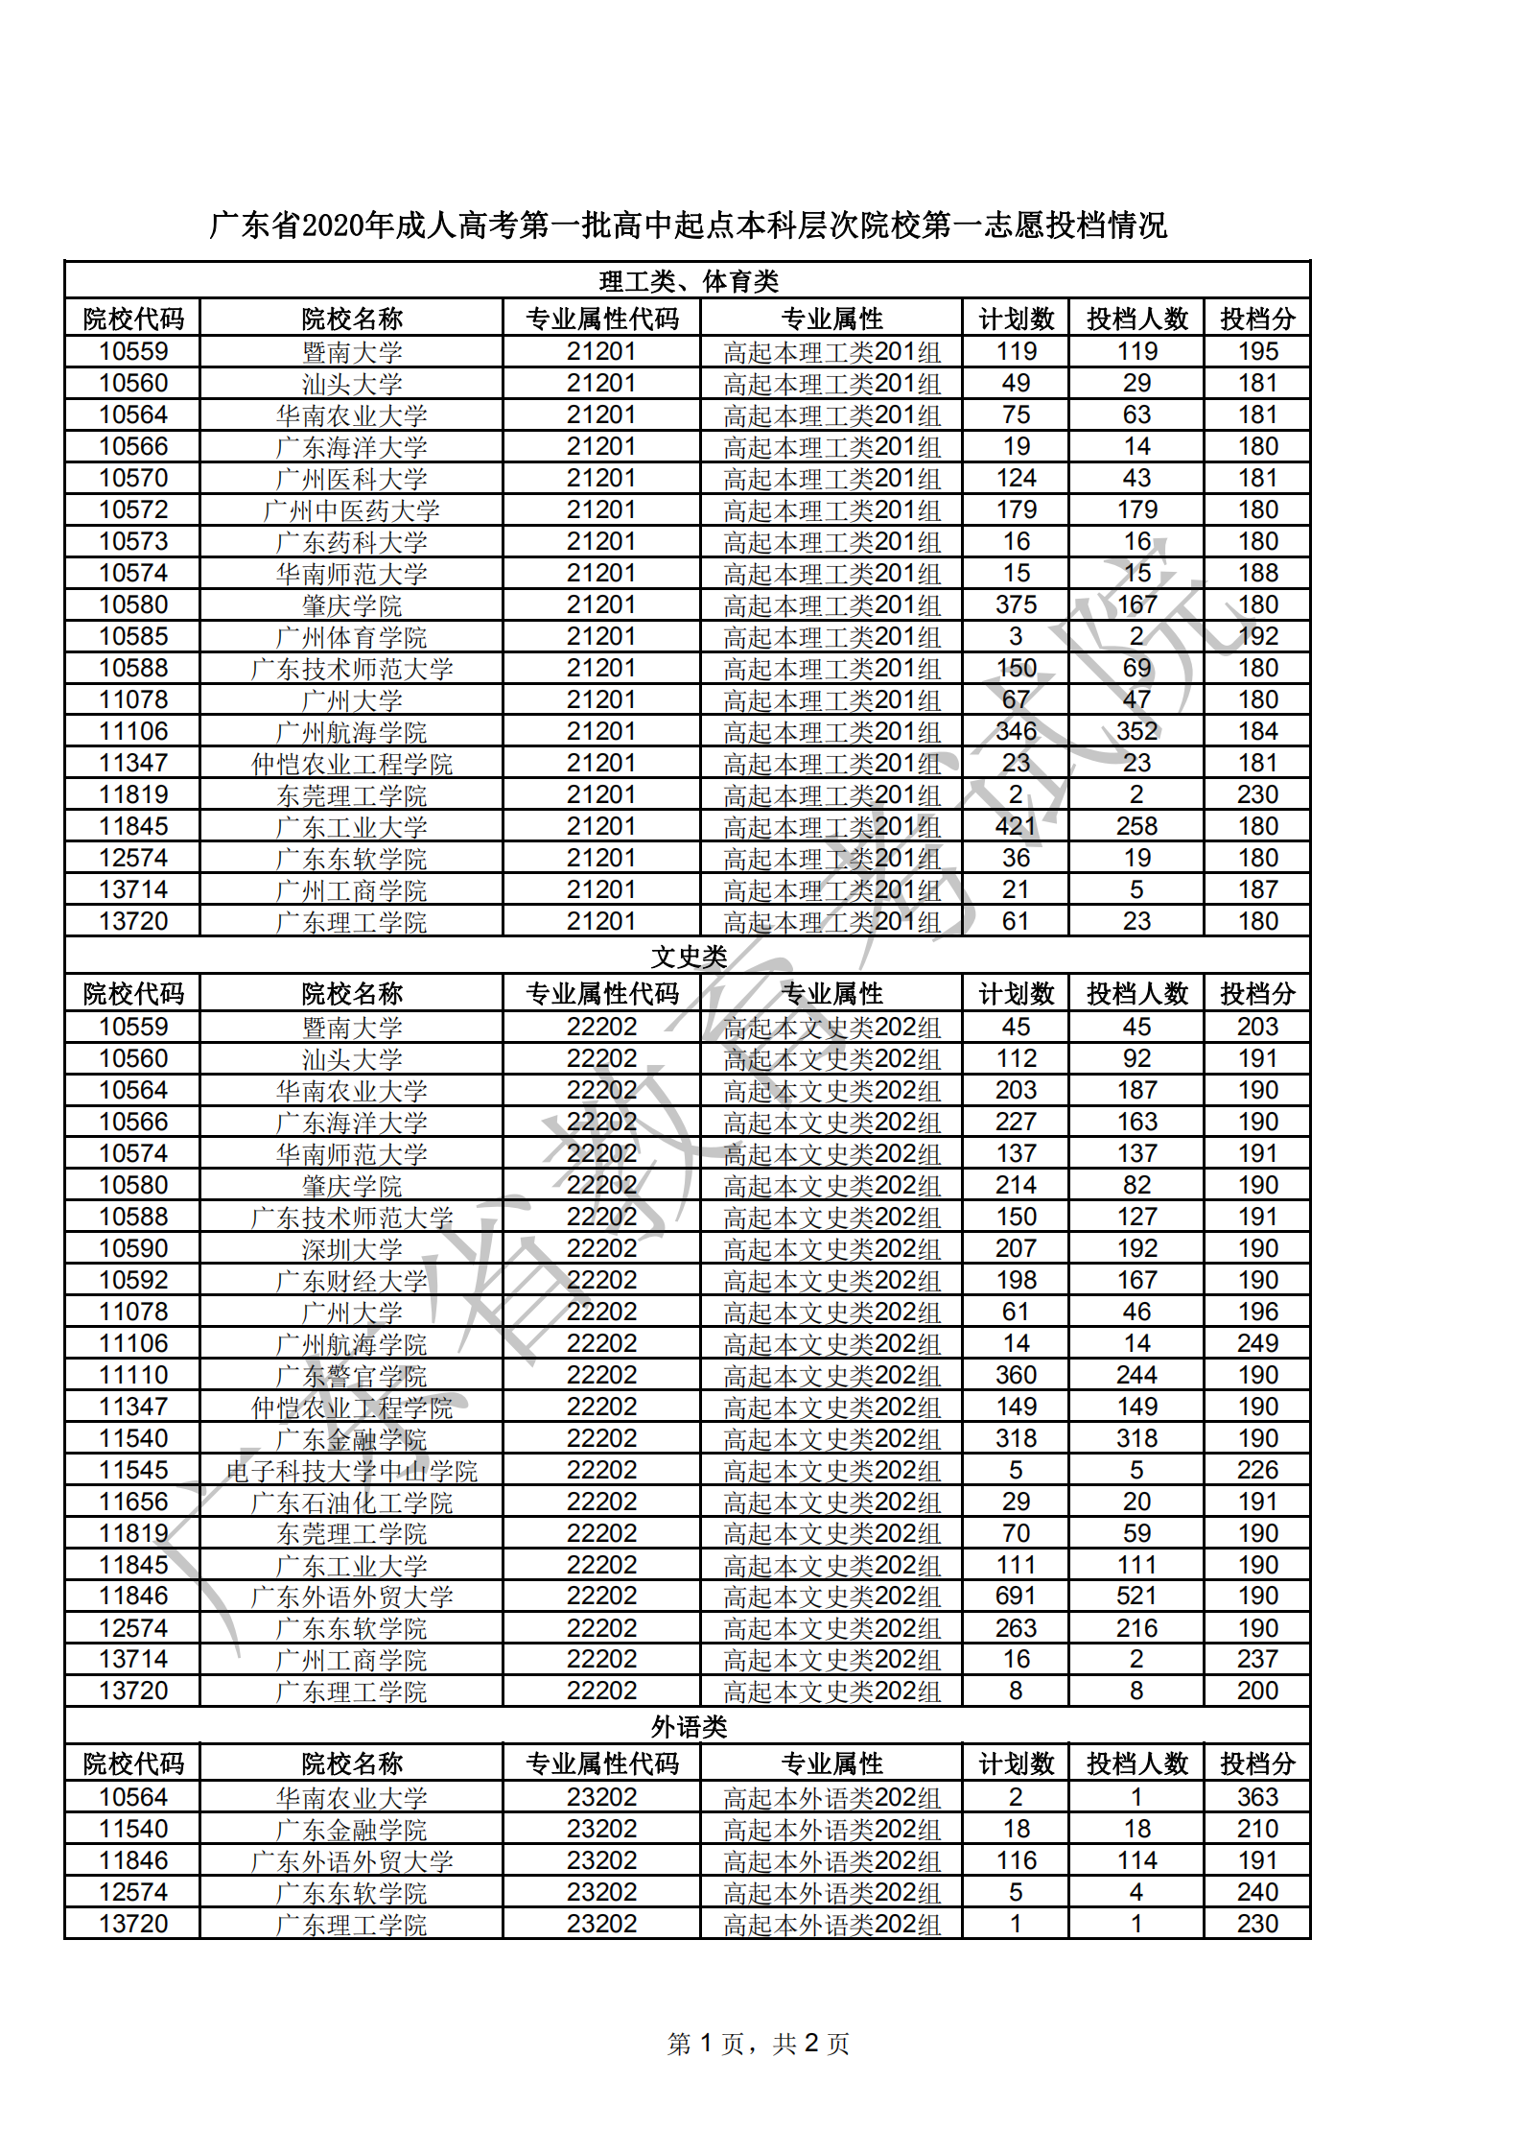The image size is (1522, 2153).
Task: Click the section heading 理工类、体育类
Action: (688, 281)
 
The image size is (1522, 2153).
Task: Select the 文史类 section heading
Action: (688, 957)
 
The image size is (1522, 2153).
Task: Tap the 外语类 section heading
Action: (688, 1727)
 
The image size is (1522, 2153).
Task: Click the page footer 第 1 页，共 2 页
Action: (758, 2044)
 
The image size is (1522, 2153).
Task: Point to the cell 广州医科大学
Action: (351, 479)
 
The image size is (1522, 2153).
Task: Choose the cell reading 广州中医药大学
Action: (351, 510)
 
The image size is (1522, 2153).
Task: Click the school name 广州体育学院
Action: (351, 637)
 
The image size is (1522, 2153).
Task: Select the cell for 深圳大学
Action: (351, 1249)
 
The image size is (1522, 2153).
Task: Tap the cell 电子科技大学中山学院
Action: (351, 1471)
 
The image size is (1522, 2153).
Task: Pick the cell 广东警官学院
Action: (351, 1376)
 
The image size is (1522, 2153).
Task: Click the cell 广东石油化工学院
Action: (351, 1502)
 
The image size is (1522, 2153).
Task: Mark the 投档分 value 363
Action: (1256, 1797)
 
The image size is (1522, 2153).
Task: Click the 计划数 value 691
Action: (1016, 1596)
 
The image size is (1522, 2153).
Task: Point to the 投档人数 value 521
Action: (1136, 1596)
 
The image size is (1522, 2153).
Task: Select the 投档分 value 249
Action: (1256, 1343)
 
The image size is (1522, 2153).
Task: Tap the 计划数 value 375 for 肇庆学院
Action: (1016, 605)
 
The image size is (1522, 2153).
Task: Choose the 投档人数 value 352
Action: (1136, 732)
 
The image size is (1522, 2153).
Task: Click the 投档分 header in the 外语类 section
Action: (1256, 1763)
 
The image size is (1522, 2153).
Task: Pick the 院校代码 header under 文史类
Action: (133, 994)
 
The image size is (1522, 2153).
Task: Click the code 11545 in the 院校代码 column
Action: (133, 1470)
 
